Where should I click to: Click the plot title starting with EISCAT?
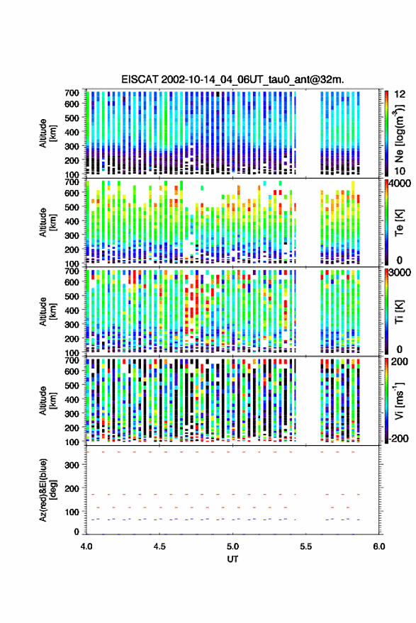[x=232, y=79]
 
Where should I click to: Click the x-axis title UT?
[x=232, y=559]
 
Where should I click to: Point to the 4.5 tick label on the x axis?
[x=159, y=546]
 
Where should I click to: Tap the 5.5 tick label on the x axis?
[x=305, y=546]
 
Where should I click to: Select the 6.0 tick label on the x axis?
[x=378, y=546]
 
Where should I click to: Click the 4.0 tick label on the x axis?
[x=86, y=546]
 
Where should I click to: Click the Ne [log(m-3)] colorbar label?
[x=399, y=133]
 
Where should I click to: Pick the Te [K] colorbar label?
[x=399, y=223]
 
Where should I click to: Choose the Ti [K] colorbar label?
[x=399, y=312]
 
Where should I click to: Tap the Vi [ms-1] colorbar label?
[x=399, y=400]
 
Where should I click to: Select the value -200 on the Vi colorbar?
[x=398, y=439]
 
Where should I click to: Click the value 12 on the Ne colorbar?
[x=400, y=94]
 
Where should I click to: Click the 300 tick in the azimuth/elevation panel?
[x=72, y=465]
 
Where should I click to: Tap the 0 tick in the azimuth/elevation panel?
[x=77, y=532]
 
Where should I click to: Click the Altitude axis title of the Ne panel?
[x=47, y=133]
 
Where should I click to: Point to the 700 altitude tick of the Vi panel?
[x=72, y=360]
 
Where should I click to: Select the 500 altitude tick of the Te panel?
[x=72, y=207]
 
